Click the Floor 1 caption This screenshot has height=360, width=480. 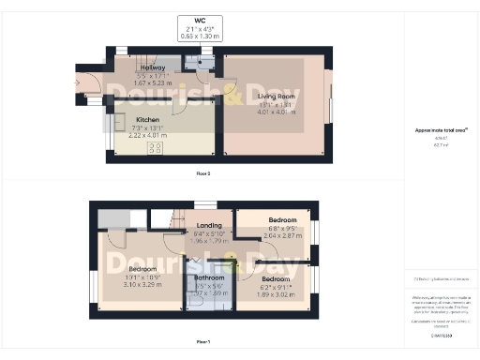click(202, 341)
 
